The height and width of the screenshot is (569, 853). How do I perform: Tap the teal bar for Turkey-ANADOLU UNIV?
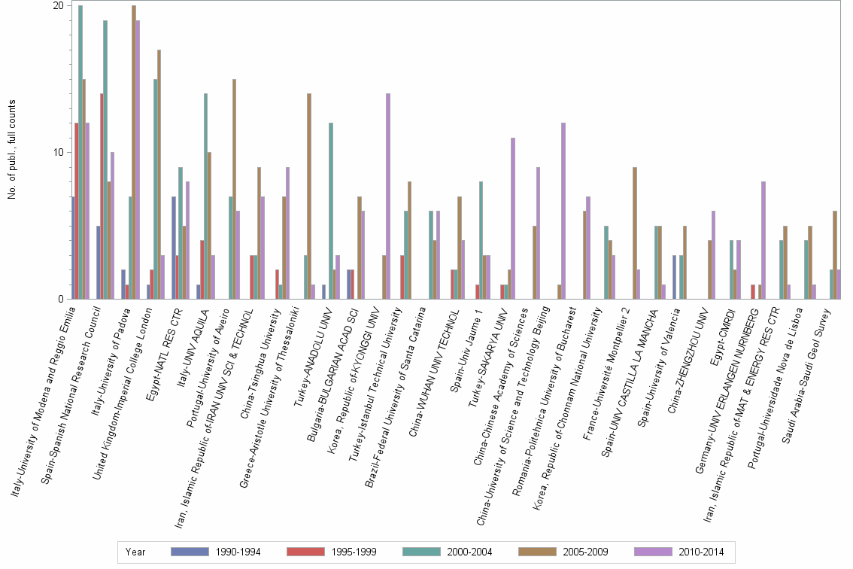331,211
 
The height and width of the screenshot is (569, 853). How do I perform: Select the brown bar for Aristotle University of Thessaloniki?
309,196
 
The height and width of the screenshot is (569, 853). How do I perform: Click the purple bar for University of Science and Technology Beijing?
563,211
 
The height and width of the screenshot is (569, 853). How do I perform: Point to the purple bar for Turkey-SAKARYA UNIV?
513,218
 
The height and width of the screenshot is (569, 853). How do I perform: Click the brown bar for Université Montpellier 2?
635,233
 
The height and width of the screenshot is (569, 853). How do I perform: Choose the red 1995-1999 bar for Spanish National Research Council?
102,196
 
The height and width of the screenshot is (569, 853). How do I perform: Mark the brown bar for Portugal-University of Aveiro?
234,188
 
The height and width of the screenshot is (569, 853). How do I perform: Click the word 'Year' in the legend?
135,552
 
